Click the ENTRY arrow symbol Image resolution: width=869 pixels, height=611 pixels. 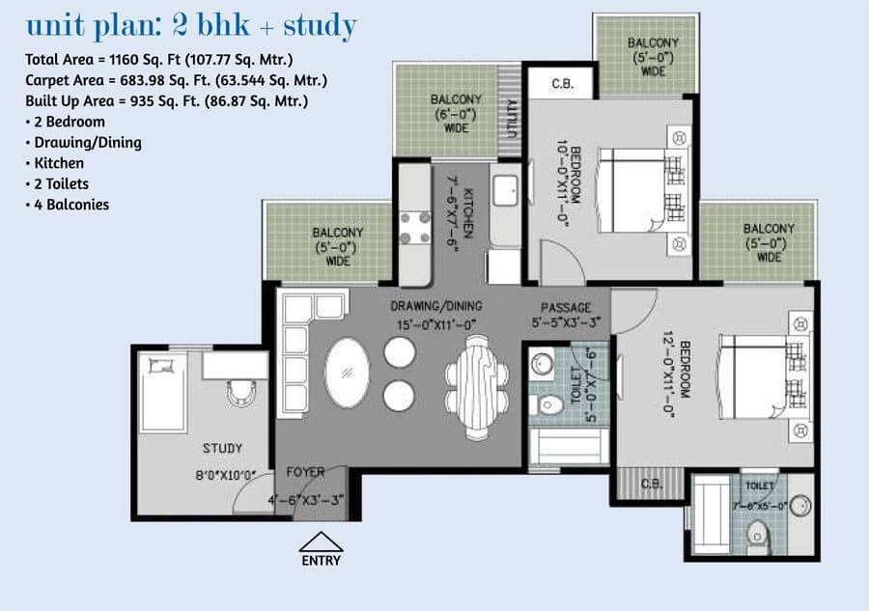click(x=321, y=542)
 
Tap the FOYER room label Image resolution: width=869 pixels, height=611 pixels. click(x=305, y=473)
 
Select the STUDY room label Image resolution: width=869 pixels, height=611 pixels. click(x=222, y=448)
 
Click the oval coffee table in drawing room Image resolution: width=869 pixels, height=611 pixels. click(x=348, y=373)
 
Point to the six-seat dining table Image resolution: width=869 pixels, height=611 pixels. click(x=477, y=387)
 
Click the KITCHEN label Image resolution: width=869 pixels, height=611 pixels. click(x=468, y=214)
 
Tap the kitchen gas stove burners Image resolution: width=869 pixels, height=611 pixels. click(x=415, y=227)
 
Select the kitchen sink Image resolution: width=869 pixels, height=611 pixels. click(x=505, y=189)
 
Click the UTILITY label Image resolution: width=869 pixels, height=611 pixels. click(x=512, y=119)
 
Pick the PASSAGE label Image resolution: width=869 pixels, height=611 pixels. click(x=566, y=308)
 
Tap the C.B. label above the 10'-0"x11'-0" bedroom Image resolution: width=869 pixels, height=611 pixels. click(x=563, y=84)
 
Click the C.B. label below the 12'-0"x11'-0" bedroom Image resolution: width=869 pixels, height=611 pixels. click(x=652, y=484)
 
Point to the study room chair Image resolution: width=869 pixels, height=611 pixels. click(x=240, y=393)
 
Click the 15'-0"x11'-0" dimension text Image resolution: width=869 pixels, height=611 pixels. click(x=436, y=324)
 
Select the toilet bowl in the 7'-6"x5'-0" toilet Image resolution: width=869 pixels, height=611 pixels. click(x=757, y=535)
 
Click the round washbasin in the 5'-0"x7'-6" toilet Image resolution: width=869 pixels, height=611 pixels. click(x=541, y=364)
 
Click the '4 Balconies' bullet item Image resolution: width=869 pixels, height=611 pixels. click(x=71, y=205)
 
